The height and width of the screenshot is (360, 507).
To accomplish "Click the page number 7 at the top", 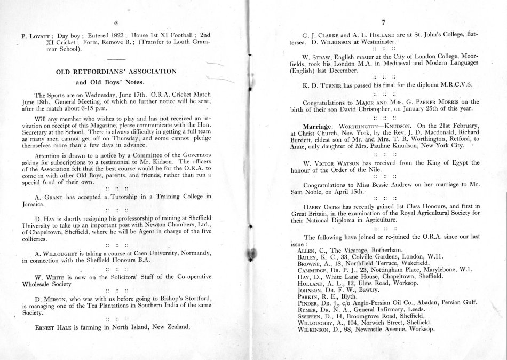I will click(x=383, y=22).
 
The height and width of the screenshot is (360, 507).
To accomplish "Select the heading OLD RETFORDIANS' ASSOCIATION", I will click(x=116, y=71).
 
